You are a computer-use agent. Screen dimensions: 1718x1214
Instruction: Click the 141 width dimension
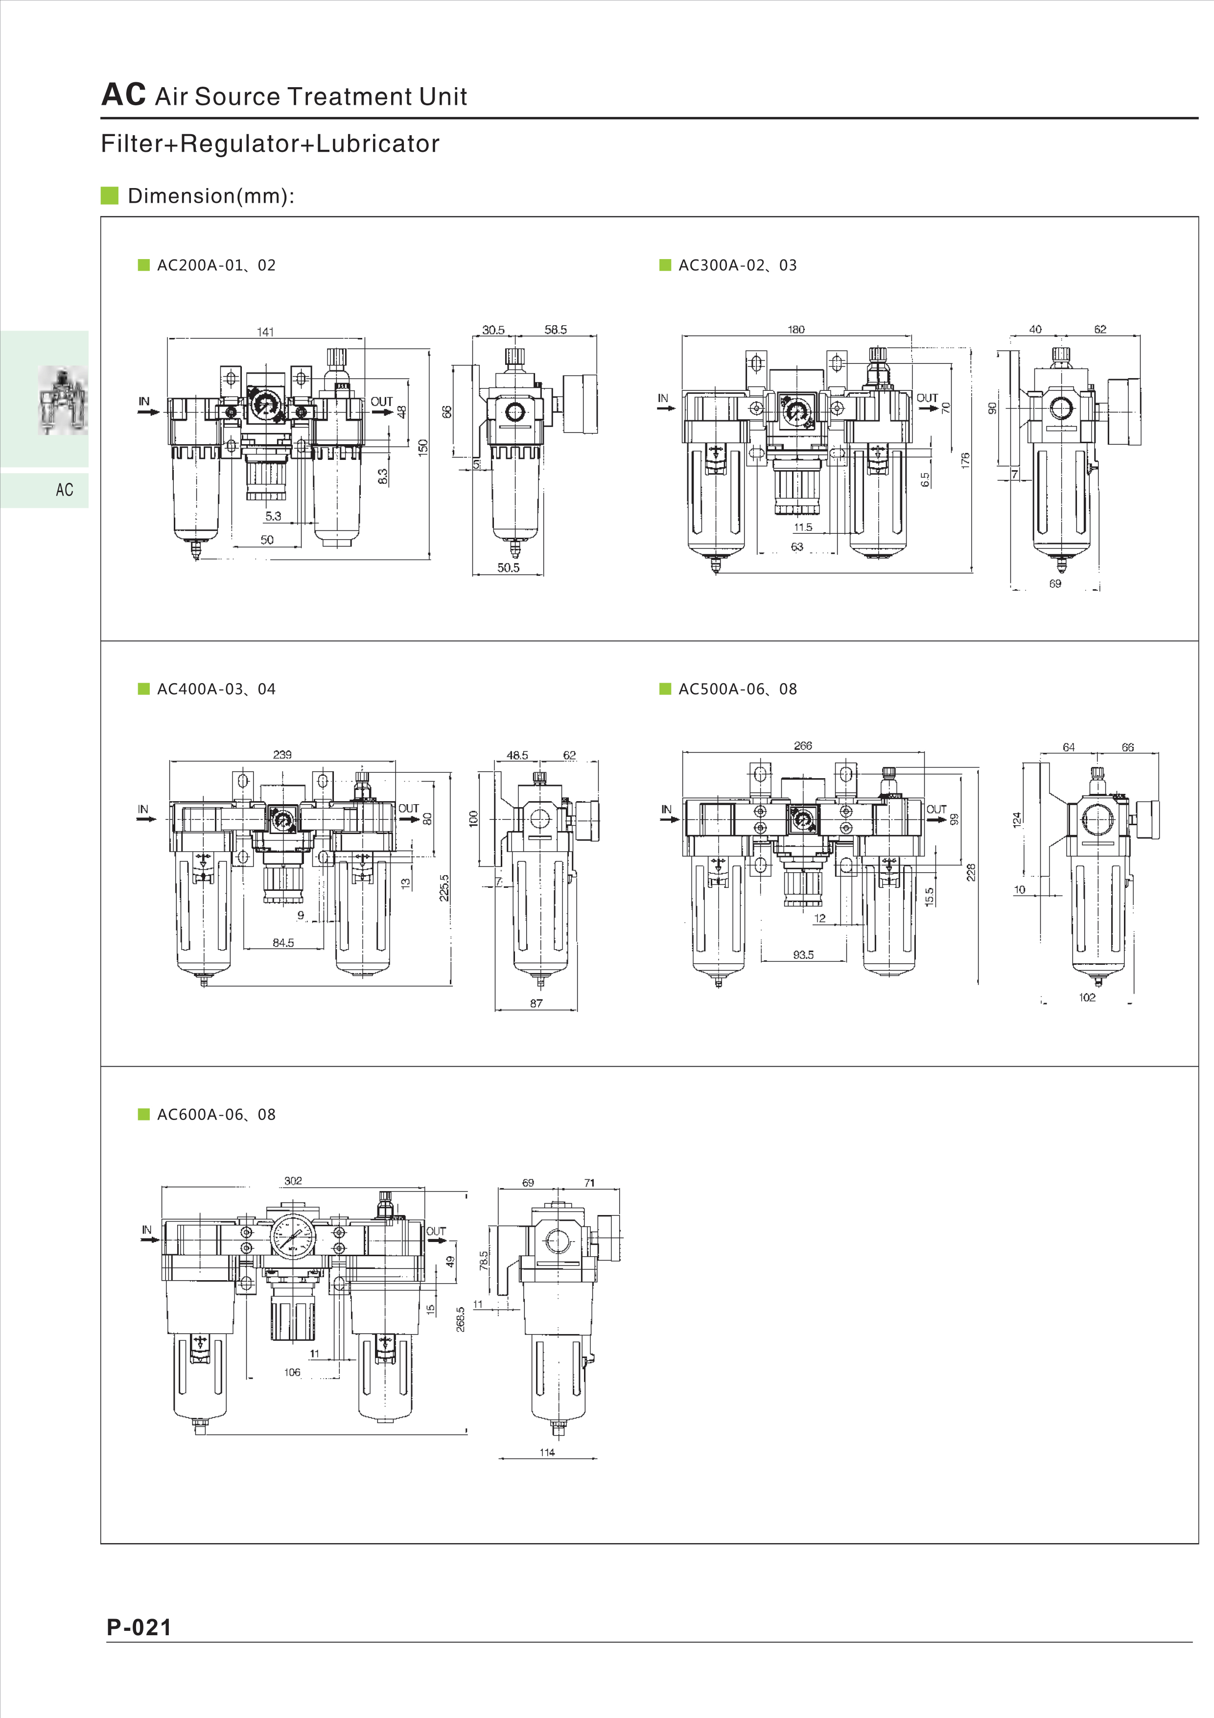click(x=265, y=332)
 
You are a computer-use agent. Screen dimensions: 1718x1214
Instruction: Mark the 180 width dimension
click(x=796, y=329)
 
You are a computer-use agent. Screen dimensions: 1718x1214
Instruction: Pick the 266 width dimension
click(x=803, y=745)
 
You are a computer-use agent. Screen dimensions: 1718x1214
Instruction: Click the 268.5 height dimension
click(x=461, y=1319)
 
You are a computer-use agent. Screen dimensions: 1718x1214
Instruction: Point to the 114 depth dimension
click(x=547, y=1453)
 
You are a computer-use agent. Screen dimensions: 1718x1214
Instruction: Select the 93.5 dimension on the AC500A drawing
click(x=803, y=955)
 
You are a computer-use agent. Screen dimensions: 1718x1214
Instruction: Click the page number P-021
click(x=139, y=1627)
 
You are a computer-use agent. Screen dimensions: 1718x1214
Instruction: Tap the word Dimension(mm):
click(x=211, y=196)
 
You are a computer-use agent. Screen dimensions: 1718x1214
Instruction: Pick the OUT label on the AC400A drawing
click(x=408, y=808)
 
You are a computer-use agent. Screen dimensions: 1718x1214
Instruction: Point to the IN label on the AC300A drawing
click(x=663, y=398)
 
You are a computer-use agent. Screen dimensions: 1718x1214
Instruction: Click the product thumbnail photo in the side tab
click(x=63, y=400)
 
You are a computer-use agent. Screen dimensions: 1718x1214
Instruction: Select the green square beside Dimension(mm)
click(x=110, y=196)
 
